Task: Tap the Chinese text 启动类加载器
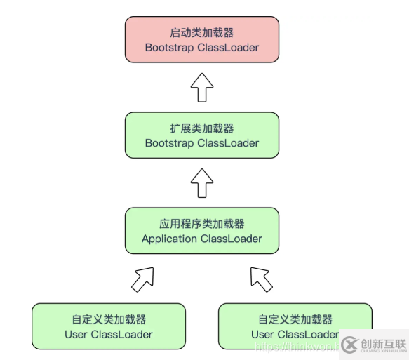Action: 201,33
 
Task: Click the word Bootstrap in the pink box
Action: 169,48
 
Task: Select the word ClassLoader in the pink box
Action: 227,48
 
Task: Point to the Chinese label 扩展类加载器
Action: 201,128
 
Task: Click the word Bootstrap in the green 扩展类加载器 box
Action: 169,143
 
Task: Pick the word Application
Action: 170,239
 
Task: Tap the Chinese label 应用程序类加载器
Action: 201,224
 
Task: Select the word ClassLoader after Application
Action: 232,239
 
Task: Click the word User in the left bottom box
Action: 76,334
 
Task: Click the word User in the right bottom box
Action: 263,334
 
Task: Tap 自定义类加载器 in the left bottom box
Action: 109,319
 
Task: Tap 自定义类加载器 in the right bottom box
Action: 295,319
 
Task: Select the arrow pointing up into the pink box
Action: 201,88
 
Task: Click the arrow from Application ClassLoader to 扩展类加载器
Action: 201,182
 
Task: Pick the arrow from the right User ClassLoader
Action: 261,279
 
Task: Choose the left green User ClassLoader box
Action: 109,326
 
